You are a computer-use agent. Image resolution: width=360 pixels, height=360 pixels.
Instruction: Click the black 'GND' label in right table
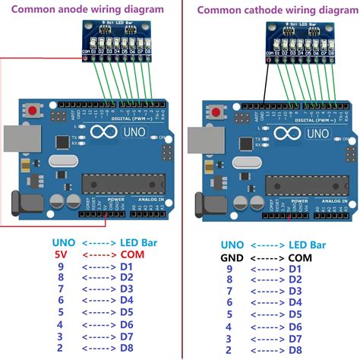pos(229,258)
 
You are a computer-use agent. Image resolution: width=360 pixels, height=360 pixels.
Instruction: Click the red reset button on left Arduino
pos(34,112)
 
